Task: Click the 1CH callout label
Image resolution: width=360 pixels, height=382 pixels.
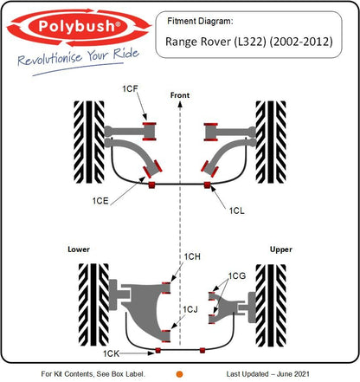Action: (x=192, y=256)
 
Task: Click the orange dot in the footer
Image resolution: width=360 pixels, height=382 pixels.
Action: (x=180, y=373)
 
